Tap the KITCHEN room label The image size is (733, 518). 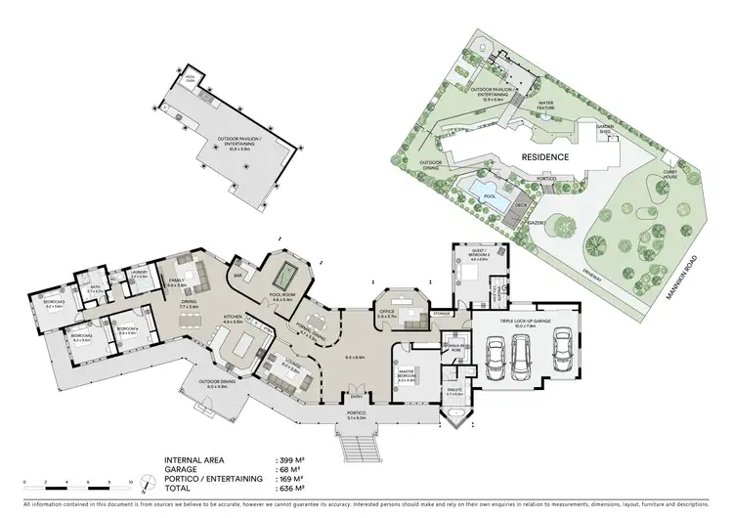point(232,319)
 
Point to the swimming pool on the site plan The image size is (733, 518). point(482,186)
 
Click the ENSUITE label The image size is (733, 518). point(453,393)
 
